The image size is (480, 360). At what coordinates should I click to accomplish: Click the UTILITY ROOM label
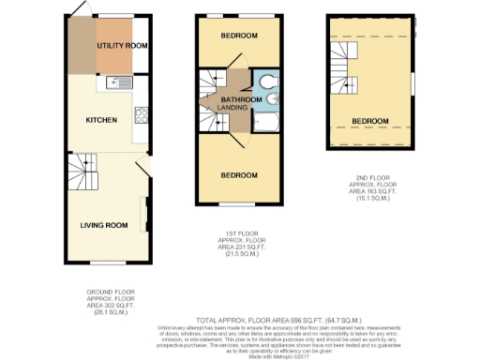(124, 45)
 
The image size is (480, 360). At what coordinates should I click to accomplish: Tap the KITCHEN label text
(100, 121)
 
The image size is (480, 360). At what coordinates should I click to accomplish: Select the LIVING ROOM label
(103, 225)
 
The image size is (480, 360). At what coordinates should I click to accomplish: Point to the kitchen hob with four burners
(143, 116)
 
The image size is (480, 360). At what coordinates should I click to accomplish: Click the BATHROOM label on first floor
(242, 98)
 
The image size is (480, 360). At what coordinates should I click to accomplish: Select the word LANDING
(232, 108)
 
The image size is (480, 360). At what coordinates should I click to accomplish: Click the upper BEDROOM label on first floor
(240, 36)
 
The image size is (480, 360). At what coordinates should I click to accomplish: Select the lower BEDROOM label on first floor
(239, 175)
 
